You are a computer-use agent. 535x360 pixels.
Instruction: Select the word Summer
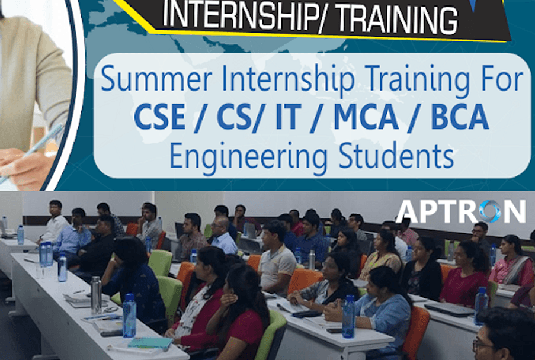click(156, 79)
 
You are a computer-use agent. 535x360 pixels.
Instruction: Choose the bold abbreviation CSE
click(160, 117)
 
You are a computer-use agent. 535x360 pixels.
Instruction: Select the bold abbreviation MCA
click(366, 117)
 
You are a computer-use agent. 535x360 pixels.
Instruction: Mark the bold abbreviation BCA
click(460, 117)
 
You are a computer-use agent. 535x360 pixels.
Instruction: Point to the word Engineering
click(249, 156)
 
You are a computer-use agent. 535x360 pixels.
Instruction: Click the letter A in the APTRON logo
click(408, 211)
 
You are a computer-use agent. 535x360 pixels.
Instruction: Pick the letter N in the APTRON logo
click(515, 211)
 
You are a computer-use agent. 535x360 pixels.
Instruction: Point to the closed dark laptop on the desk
click(449, 309)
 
